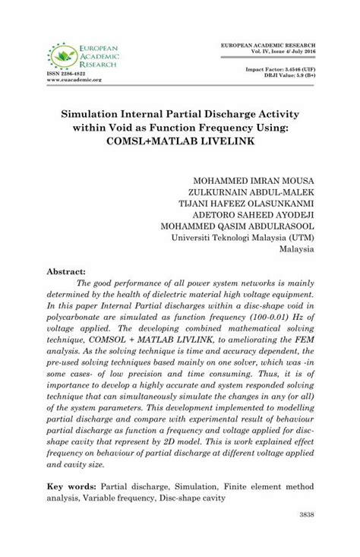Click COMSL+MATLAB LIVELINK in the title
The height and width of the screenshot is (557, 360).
coord(179,141)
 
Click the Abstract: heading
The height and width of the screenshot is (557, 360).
coord(68,271)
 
